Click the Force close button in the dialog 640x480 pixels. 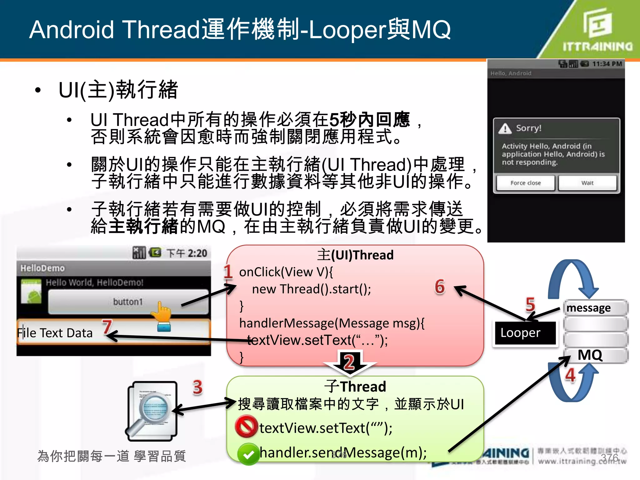click(x=525, y=183)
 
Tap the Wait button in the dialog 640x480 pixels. click(x=587, y=183)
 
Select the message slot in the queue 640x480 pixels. click(x=594, y=308)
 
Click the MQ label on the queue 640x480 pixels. click(x=590, y=355)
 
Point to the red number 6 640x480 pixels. click(x=440, y=287)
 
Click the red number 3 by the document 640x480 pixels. click(x=197, y=387)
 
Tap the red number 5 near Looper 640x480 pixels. click(x=530, y=304)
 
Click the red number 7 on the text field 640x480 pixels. click(x=107, y=327)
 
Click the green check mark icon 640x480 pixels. click(x=248, y=454)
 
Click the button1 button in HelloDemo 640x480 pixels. click(x=128, y=302)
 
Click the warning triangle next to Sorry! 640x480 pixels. click(x=505, y=128)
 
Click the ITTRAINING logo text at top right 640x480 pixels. click(x=597, y=47)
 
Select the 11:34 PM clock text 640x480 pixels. click(x=607, y=64)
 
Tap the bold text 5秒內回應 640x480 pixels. click(x=369, y=120)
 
